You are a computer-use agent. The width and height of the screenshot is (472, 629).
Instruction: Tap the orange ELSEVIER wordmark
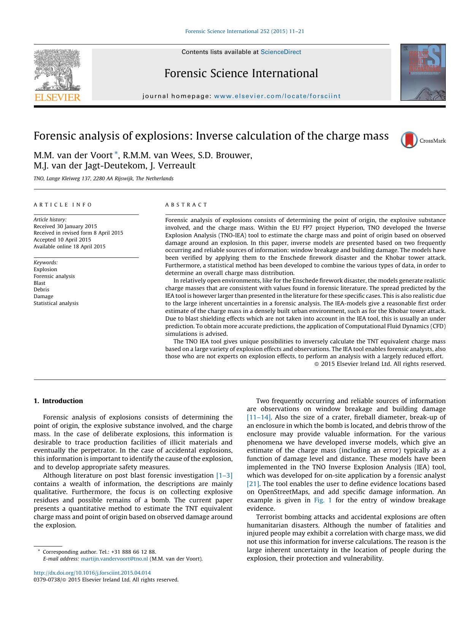tap(57, 97)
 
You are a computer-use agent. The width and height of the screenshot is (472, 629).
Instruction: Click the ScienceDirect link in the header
tap(281, 52)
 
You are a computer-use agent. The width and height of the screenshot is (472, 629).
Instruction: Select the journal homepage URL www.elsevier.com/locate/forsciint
tap(277, 96)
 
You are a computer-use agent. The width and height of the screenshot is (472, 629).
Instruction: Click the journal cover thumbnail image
tap(423, 72)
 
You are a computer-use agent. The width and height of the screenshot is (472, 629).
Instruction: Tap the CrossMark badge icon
tap(409, 140)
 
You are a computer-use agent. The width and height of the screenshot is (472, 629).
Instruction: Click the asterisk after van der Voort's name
tap(117, 153)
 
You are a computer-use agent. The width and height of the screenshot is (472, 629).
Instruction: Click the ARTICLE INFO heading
tap(63, 205)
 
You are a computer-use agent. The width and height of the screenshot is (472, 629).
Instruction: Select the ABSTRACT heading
tap(186, 205)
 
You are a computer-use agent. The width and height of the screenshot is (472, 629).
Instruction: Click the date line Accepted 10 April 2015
tap(62, 240)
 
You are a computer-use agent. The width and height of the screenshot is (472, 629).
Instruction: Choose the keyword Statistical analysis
tap(56, 303)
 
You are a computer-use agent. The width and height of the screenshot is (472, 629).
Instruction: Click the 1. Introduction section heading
tap(58, 401)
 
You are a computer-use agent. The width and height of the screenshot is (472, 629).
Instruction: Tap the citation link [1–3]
tap(224, 475)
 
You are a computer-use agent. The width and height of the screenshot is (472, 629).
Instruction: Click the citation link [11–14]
tap(259, 418)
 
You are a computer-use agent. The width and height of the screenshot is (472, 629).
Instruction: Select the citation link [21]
tap(253, 484)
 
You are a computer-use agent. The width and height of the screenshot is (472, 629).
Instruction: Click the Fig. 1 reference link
tap(323, 500)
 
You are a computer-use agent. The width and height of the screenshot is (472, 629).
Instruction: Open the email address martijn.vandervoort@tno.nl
tap(114, 559)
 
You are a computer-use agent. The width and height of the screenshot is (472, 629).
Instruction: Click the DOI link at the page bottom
tap(92, 573)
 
